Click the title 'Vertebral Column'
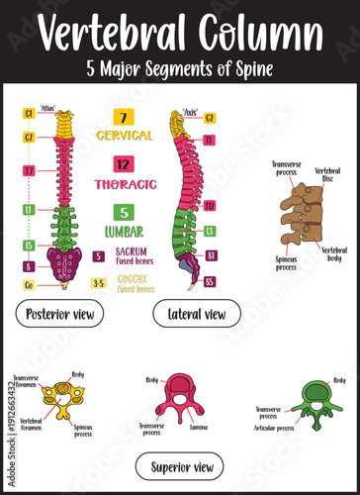pyautogui.click(x=179, y=37)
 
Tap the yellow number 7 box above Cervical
pyautogui.click(x=122, y=117)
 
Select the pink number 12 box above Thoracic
pyautogui.click(x=122, y=164)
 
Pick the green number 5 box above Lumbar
pyautogui.click(x=122, y=212)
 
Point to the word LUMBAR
pyautogui.click(x=123, y=231)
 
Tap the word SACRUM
pyautogui.click(x=132, y=251)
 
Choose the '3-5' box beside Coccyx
pyautogui.click(x=98, y=283)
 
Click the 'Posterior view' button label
pyautogui.click(x=59, y=316)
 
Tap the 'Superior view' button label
pyautogui.click(x=179, y=466)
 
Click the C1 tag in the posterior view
pyautogui.click(x=30, y=114)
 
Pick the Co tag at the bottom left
pyautogui.click(x=30, y=285)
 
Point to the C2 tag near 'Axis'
pyautogui.click(x=210, y=118)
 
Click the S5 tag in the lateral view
pyautogui.click(x=210, y=281)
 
